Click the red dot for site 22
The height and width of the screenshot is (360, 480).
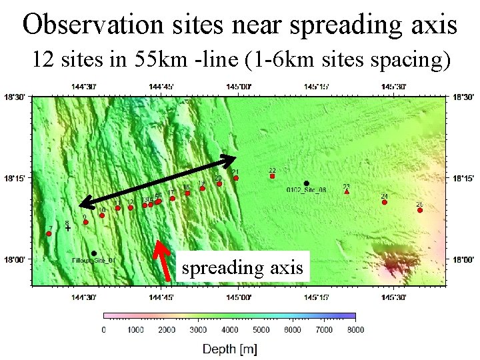(271, 176)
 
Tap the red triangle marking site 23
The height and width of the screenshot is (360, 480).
(347, 191)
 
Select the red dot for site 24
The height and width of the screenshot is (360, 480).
(385, 201)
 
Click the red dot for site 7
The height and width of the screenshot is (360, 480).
(49, 233)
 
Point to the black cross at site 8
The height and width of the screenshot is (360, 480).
(68, 228)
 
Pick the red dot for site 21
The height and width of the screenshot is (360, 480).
(236, 177)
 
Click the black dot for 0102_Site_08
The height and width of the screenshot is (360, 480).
(306, 183)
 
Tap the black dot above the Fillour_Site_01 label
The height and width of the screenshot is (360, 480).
(94, 253)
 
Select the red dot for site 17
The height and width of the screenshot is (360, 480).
(172, 198)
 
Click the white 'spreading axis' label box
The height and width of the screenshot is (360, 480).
(243, 267)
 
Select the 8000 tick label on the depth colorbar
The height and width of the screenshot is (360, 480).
(355, 329)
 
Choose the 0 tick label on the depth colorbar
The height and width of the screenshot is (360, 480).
(103, 329)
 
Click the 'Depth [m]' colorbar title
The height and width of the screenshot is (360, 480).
(229, 349)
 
